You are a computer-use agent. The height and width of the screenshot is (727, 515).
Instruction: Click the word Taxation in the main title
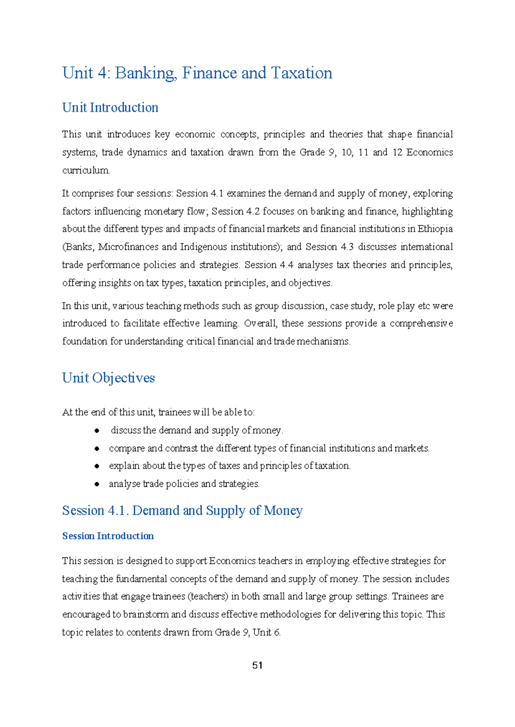(302, 73)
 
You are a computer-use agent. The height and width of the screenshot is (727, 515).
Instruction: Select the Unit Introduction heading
(110, 107)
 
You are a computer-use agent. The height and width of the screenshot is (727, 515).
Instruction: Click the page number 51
(257, 665)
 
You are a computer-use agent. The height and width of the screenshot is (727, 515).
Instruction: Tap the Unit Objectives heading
(108, 378)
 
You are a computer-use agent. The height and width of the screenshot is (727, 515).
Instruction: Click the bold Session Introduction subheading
(108, 536)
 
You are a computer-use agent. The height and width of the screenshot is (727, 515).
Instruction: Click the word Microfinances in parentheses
(129, 247)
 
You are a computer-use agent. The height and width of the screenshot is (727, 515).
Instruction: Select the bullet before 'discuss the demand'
(97, 430)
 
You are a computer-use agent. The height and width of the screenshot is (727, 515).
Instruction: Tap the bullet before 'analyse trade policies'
(97, 484)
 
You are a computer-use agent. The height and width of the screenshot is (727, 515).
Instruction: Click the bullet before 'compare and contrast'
(97, 448)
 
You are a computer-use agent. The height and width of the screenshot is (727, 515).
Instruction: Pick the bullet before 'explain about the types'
(97, 466)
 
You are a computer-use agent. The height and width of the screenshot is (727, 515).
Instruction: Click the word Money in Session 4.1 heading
(283, 511)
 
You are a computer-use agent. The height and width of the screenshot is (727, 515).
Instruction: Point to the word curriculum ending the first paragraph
(85, 170)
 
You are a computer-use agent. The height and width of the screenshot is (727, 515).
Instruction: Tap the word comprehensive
(421, 323)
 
